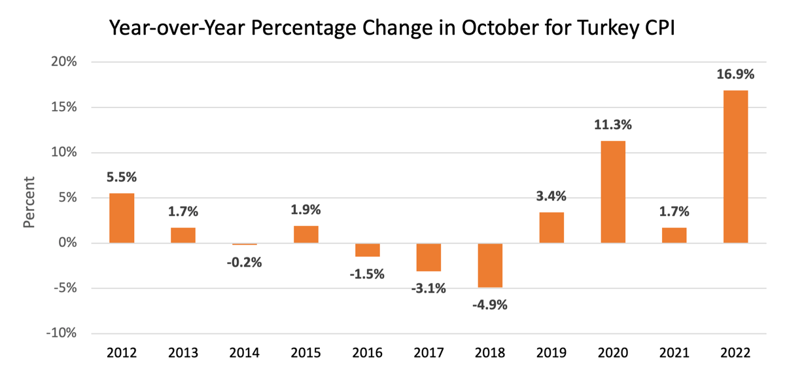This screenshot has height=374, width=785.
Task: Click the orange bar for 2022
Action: point(735,166)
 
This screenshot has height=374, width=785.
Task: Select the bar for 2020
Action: point(613,192)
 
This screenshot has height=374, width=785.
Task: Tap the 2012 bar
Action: point(122,218)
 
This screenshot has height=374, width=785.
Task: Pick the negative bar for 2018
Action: point(490,265)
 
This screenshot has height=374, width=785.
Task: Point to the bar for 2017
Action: point(428,257)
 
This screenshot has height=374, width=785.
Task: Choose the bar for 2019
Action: point(551,227)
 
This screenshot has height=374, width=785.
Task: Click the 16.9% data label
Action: point(735,74)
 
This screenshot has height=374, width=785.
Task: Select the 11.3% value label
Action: point(613,124)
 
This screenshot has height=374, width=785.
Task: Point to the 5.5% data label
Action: point(122,177)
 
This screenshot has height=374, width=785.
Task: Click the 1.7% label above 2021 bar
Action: point(674,211)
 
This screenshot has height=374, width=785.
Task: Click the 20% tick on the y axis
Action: point(63,62)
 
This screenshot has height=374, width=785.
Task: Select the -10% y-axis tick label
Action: point(61,333)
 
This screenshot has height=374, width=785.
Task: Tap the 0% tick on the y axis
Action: point(67,243)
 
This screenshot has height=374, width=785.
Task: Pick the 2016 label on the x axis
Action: point(367,353)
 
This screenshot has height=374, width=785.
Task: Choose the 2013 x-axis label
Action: point(183,353)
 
